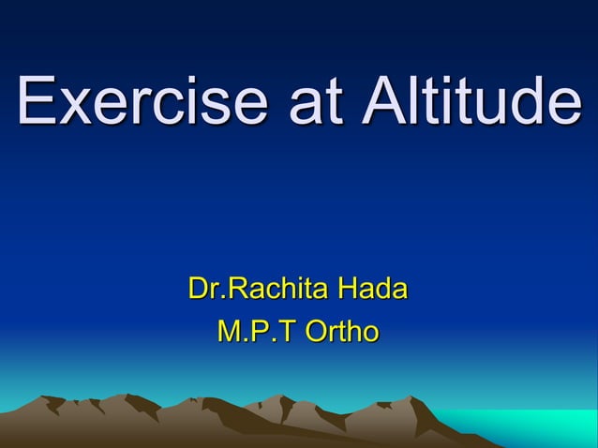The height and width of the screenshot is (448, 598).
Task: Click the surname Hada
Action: pos(372,289)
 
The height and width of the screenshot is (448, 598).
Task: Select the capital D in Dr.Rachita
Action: pos(198,289)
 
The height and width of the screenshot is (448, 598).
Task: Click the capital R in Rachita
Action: pos(238,289)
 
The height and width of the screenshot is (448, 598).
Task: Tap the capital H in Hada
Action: pos(348,289)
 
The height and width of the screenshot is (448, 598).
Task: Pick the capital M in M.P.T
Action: pos(228,331)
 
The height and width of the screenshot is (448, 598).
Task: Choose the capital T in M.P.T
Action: pos(280,331)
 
